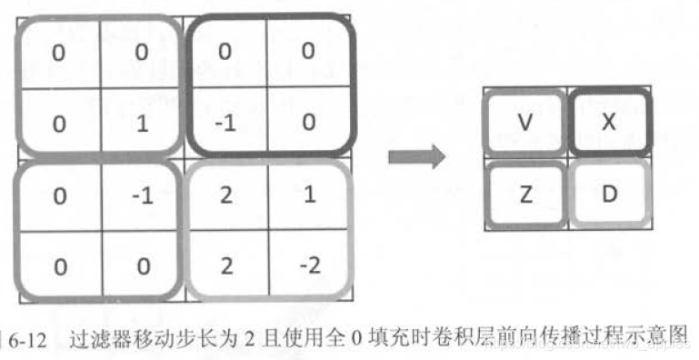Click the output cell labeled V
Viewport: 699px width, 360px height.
(x=524, y=122)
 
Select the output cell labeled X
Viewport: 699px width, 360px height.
(x=609, y=122)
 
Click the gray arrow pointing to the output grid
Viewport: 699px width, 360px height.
(x=415, y=156)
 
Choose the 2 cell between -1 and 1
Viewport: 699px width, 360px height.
(x=225, y=196)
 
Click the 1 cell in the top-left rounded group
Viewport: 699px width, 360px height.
(x=141, y=122)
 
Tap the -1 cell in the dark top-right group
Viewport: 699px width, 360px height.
(x=225, y=122)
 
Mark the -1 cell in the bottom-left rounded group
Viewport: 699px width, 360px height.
(x=141, y=196)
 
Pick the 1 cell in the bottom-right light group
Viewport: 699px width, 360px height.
(x=308, y=196)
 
